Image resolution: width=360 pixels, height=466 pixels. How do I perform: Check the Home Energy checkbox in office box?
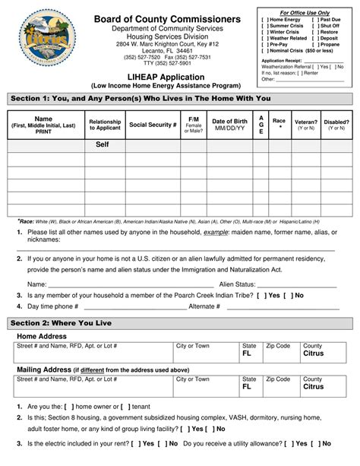(264, 19)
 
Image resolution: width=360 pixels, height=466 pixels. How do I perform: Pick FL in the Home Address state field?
(247, 353)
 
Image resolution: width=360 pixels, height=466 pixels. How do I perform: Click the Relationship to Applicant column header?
(104, 125)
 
